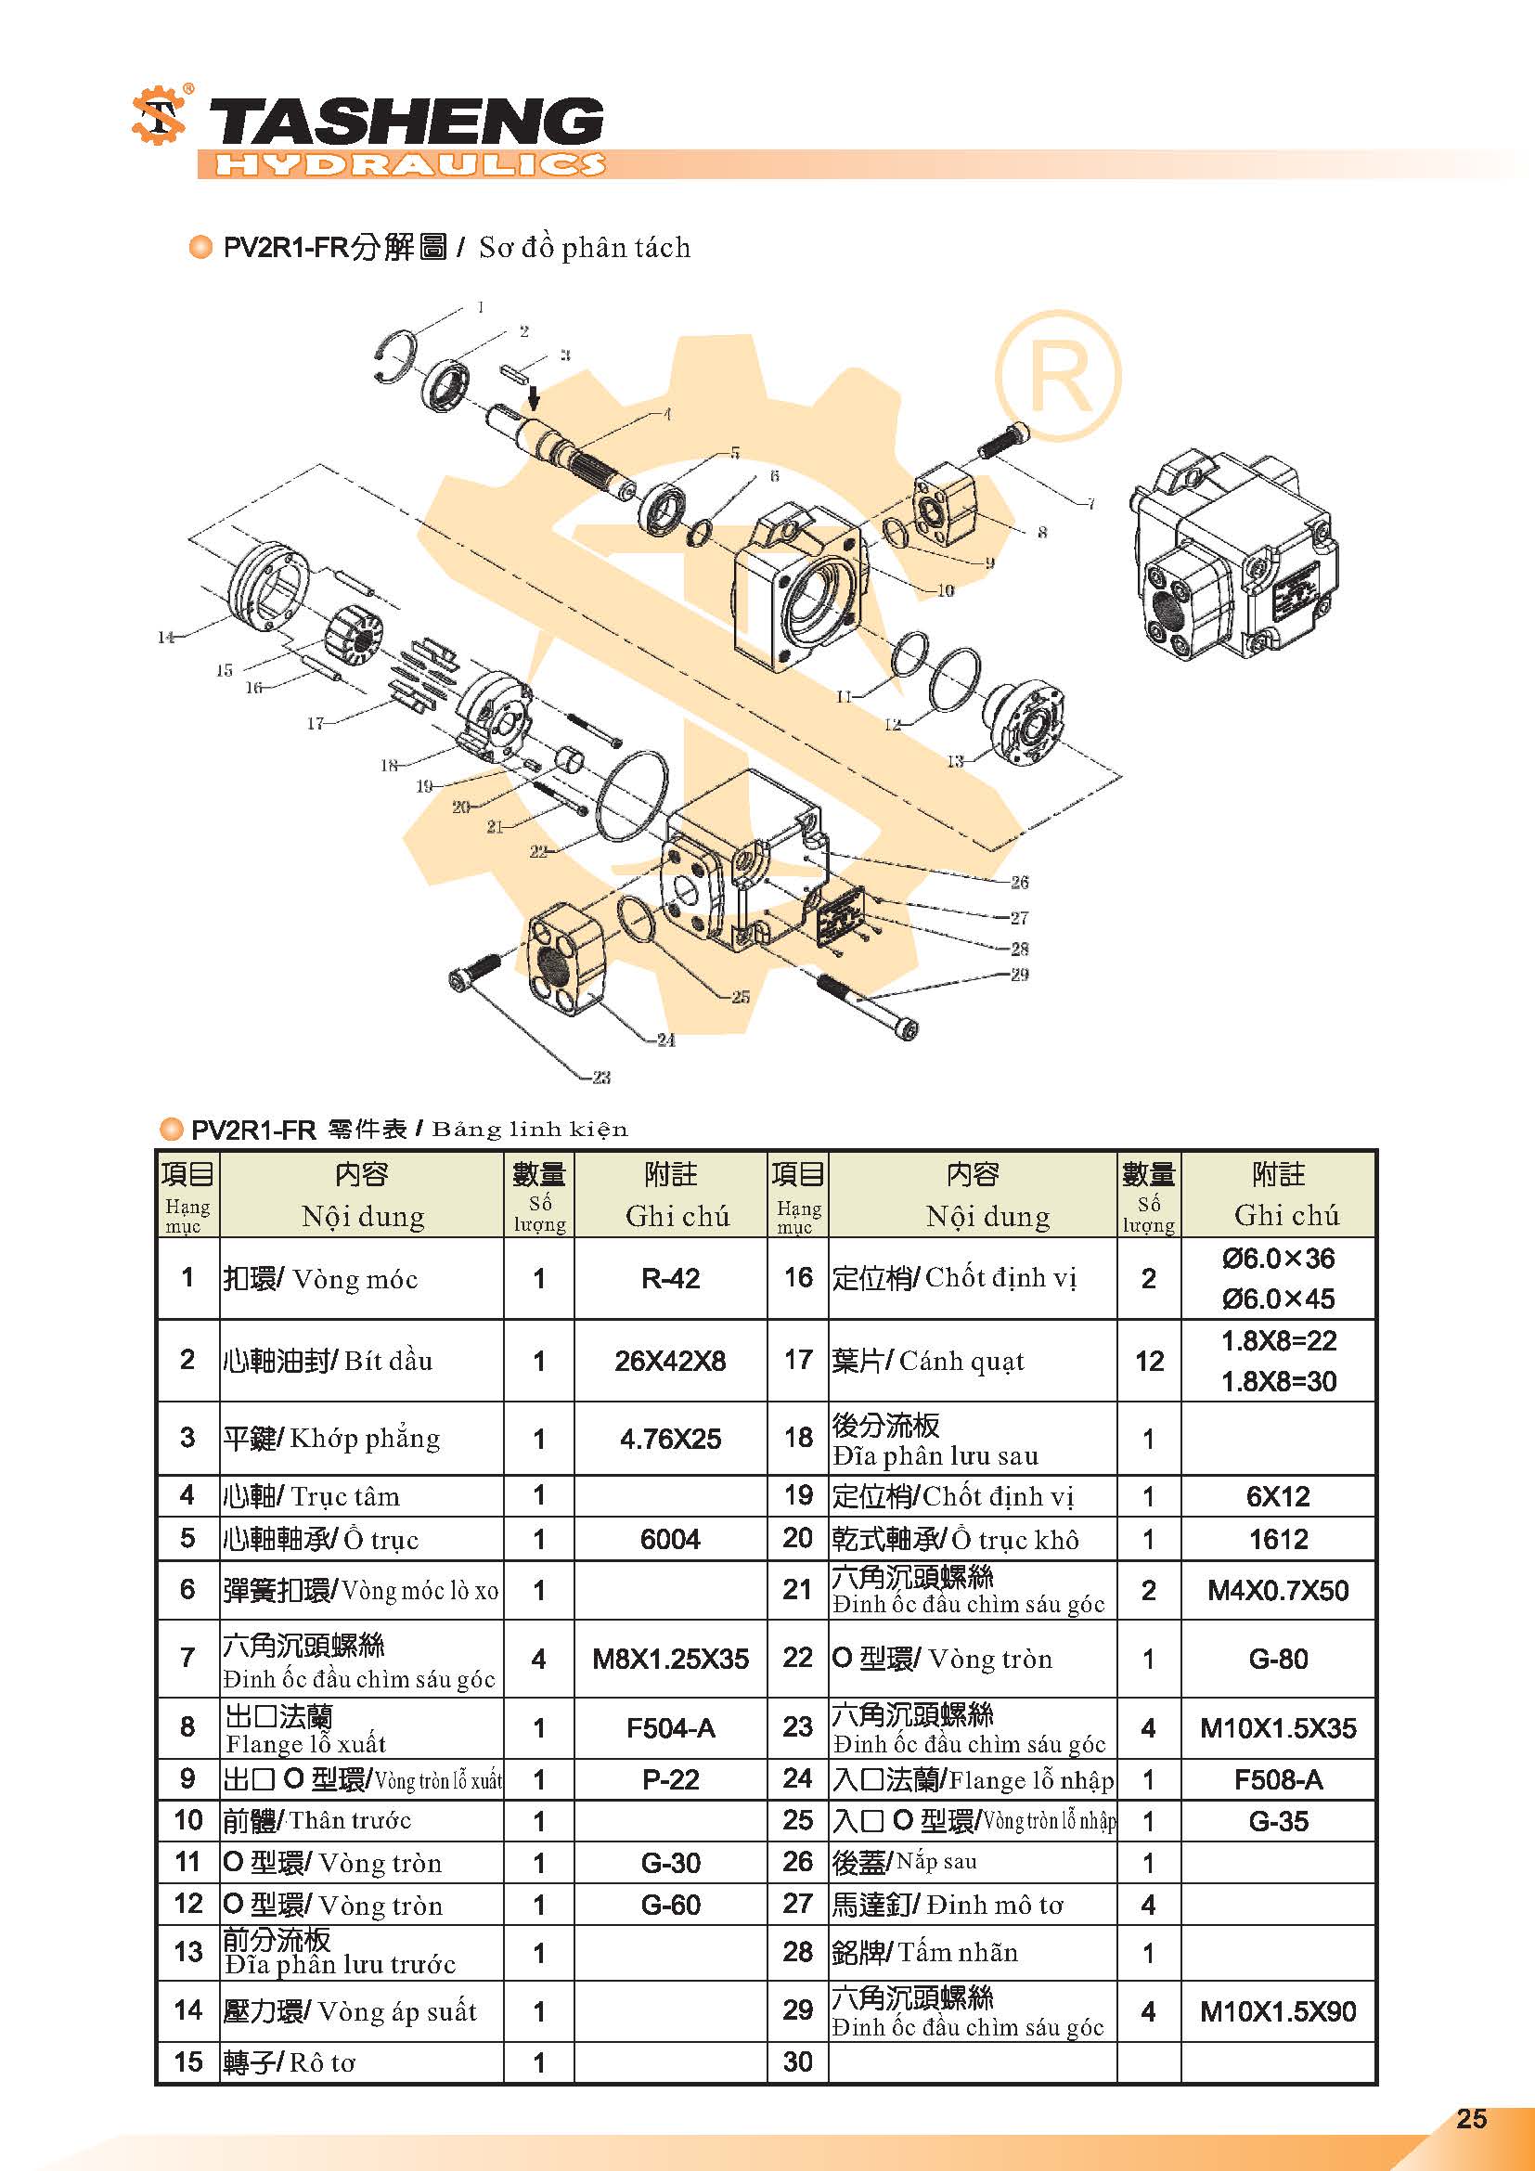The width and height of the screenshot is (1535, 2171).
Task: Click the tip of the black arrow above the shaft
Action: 534,410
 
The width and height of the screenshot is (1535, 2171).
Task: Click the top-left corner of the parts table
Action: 156,1151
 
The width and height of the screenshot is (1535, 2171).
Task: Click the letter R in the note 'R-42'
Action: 651,1279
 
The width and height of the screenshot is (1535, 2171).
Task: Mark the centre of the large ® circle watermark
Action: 1058,374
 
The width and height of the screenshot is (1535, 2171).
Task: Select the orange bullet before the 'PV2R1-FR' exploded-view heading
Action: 200,248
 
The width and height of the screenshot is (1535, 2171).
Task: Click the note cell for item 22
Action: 1278,1659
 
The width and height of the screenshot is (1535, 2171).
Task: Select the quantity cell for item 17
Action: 1148,1361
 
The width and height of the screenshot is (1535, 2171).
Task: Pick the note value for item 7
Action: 670,1659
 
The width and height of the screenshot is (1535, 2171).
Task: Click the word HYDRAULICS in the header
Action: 410,164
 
